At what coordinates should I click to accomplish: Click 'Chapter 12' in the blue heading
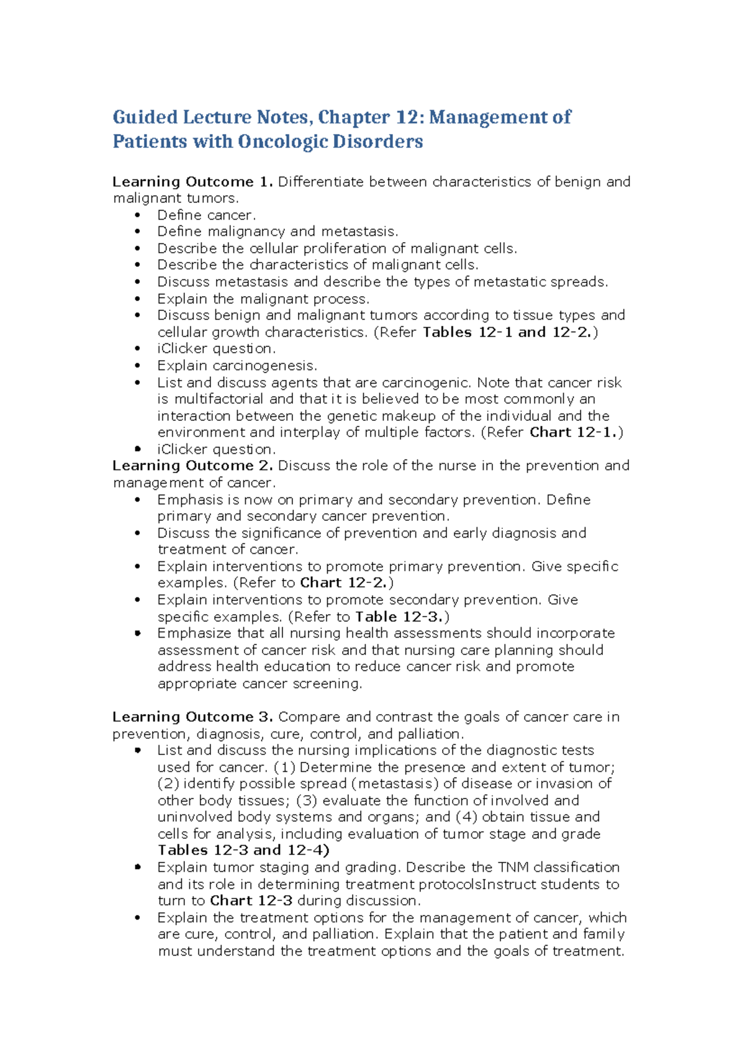coord(353,117)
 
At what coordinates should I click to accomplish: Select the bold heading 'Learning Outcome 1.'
coord(192,182)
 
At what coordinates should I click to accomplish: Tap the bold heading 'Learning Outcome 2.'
coord(192,466)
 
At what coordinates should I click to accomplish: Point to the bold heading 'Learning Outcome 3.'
coord(192,717)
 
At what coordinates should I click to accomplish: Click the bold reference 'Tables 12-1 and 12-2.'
coord(508,332)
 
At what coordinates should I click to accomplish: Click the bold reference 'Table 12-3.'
coord(399,617)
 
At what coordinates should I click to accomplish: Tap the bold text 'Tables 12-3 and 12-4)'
coord(243,850)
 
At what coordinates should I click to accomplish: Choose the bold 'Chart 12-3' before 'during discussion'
coord(251,900)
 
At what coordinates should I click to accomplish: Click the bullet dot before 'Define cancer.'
coord(138,215)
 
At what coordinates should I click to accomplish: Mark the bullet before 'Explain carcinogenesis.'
coord(138,366)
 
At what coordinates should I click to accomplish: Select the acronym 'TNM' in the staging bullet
coord(513,867)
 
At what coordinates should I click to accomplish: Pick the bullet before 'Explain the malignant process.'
coord(138,299)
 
